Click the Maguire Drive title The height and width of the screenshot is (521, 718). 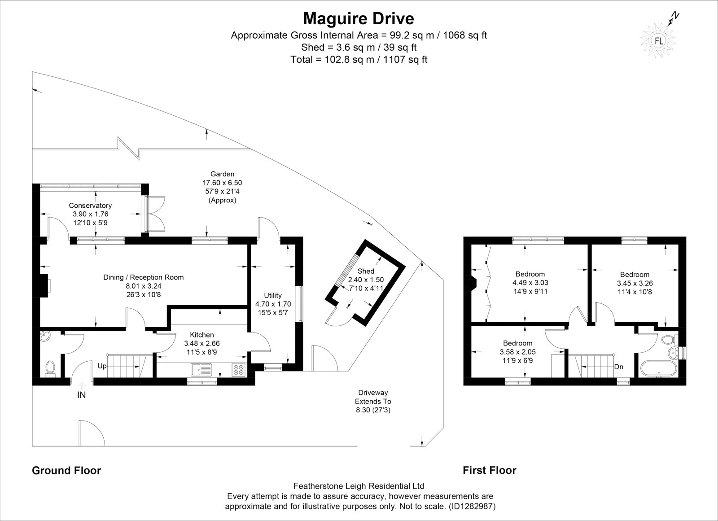pyautogui.click(x=359, y=18)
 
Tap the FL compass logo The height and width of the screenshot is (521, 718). pyautogui.click(x=659, y=41)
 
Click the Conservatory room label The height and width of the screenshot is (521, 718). pyautogui.click(x=90, y=206)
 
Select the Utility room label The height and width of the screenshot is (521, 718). pyautogui.click(x=273, y=295)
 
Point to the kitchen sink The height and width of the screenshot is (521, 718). pyautogui.click(x=201, y=369)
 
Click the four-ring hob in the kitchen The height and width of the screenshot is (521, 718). pyautogui.click(x=239, y=369)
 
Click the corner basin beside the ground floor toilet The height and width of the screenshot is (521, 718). pyautogui.click(x=44, y=336)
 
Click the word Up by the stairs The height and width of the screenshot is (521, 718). pyautogui.click(x=102, y=366)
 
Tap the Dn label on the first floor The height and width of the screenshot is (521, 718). pyautogui.click(x=619, y=367)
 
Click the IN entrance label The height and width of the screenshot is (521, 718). pyautogui.click(x=81, y=395)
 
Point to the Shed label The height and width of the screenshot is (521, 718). pyautogui.click(x=366, y=271)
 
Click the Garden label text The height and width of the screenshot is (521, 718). pyautogui.click(x=222, y=174)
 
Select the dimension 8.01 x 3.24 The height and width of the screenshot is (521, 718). pyautogui.click(x=144, y=286)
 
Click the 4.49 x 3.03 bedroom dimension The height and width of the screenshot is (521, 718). pyautogui.click(x=530, y=283)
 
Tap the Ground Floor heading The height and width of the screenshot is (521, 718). pyautogui.click(x=66, y=470)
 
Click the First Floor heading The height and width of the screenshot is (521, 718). pyautogui.click(x=490, y=470)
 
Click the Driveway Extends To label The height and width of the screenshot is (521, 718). pyautogui.click(x=373, y=397)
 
